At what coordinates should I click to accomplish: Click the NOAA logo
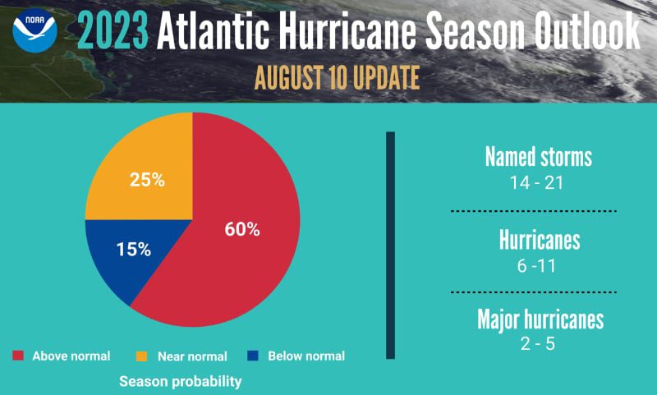point(34,31)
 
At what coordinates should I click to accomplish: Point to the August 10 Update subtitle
point(338,77)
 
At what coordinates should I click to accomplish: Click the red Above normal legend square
point(18,356)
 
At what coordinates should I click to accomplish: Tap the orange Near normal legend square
point(141,356)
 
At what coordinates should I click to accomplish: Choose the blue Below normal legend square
point(253,356)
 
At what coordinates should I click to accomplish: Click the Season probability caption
point(181,382)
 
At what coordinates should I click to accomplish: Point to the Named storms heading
point(538,156)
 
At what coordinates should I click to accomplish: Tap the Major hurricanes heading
point(540,319)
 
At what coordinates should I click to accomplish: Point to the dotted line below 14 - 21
point(534,211)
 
